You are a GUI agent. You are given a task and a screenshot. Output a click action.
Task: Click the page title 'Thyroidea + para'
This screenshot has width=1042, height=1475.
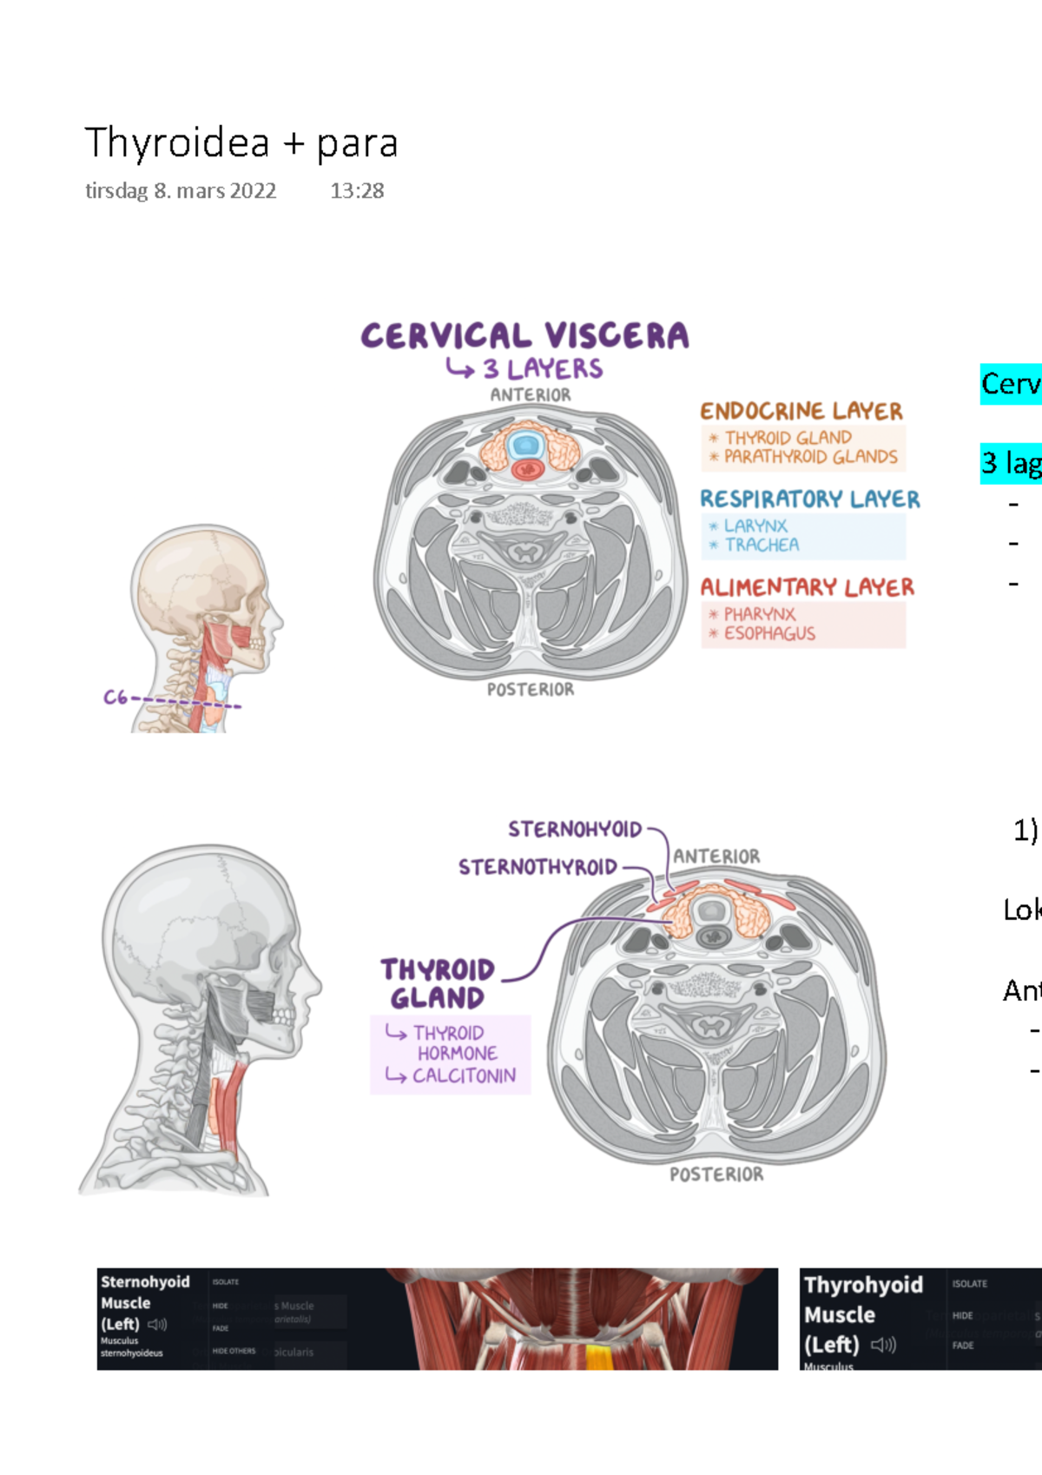(241, 143)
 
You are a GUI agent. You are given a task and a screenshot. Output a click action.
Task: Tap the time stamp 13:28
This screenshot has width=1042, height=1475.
(357, 191)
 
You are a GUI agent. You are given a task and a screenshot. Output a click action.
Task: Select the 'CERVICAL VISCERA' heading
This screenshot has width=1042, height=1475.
(524, 336)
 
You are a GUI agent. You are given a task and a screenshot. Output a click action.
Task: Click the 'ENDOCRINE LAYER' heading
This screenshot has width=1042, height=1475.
(801, 411)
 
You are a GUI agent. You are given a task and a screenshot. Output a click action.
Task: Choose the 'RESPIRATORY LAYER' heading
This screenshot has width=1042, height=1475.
(809, 499)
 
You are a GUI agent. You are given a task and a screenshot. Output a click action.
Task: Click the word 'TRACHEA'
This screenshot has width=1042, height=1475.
(762, 546)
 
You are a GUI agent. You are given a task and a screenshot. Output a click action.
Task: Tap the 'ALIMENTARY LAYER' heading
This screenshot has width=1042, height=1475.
(807, 588)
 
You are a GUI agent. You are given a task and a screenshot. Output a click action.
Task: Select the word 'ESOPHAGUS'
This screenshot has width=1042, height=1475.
(769, 634)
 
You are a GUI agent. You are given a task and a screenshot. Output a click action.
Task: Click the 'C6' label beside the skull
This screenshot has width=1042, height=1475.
(115, 698)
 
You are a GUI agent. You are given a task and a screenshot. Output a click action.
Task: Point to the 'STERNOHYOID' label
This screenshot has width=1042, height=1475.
(575, 830)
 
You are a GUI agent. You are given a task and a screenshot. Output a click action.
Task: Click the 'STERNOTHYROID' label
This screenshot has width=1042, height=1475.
(537, 867)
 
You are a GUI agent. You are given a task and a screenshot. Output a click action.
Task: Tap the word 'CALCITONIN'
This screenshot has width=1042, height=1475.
(464, 1076)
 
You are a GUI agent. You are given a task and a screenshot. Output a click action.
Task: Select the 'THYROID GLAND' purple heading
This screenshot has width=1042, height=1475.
(437, 983)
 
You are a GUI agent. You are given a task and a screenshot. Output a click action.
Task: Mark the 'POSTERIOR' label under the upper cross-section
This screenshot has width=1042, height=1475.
(530, 690)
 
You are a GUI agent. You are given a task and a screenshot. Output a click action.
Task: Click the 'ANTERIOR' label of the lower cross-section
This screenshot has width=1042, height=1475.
(716, 857)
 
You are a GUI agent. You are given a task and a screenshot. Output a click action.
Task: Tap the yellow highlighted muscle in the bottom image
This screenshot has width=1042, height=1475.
(598, 1357)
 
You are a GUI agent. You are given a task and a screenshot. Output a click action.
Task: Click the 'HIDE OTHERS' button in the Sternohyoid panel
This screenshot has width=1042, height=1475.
(234, 1351)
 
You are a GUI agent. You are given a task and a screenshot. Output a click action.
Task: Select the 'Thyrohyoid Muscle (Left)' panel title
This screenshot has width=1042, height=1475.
(862, 1314)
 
